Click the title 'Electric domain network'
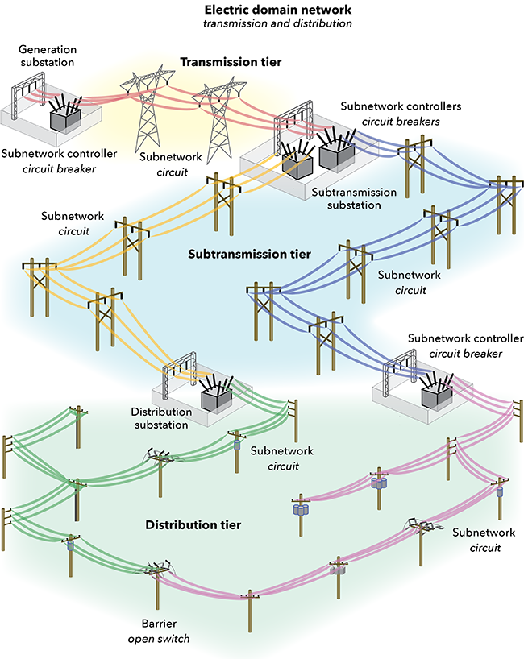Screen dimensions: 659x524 pos(261,10)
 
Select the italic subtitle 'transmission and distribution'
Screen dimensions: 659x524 pos(261,24)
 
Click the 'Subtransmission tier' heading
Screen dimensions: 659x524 pos(249,254)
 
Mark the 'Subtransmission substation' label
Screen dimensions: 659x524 pos(354,199)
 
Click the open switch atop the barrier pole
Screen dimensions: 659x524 pos(153,569)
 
